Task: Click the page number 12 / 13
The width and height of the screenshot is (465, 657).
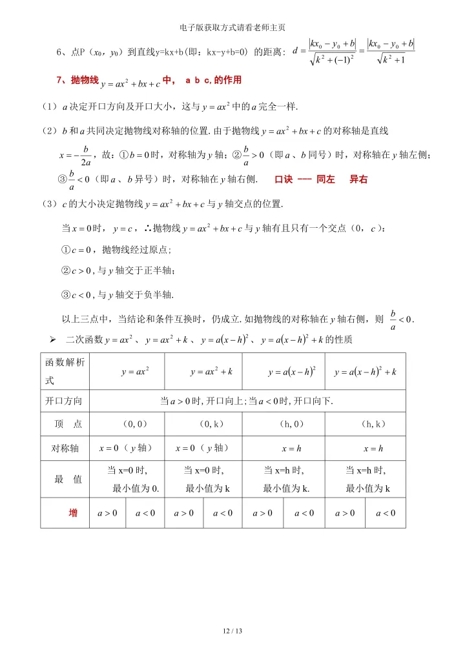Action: (232, 631)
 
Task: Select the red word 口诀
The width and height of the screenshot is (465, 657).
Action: (285, 179)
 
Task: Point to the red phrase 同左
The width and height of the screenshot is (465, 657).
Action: (326, 179)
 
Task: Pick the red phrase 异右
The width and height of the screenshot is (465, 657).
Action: (358, 179)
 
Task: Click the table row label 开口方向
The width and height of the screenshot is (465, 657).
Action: (64, 401)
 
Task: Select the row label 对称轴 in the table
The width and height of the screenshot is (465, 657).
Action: (64, 447)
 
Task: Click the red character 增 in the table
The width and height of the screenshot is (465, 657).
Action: (74, 513)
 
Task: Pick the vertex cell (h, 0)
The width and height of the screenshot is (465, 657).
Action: (284, 424)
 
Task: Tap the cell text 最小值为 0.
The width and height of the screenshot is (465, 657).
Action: (136, 488)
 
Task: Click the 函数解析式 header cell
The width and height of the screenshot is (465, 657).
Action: (64, 372)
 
